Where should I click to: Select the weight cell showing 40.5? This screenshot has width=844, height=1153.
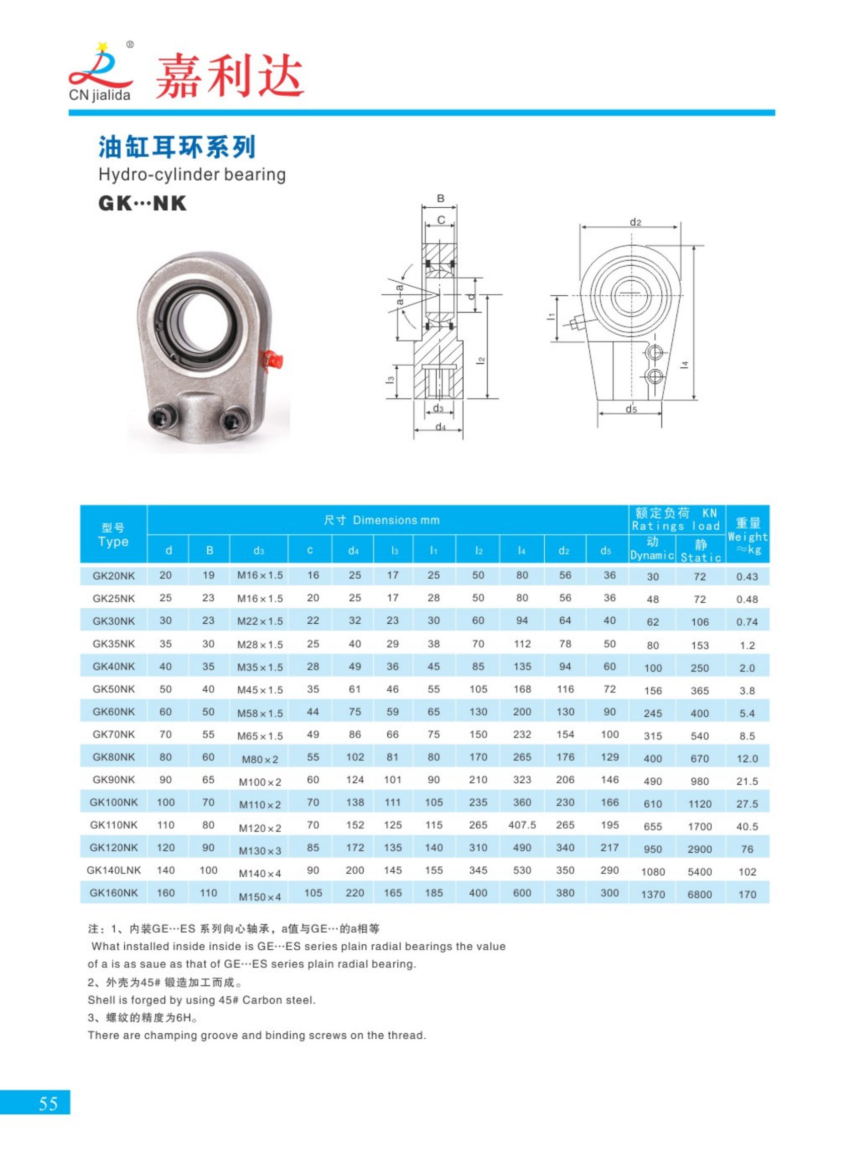pos(747,827)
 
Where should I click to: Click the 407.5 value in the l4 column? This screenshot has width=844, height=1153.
pos(522,825)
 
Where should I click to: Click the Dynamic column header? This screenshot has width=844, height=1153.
pos(652,549)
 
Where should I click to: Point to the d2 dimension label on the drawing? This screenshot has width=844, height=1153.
pos(635,222)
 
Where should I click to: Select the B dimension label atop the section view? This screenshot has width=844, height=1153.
pos(441,199)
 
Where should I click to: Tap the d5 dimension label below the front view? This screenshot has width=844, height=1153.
pos(631,408)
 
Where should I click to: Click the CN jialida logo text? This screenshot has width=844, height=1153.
pos(100,96)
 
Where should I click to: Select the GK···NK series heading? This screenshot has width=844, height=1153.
pos(142,203)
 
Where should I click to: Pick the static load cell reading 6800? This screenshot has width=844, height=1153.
pos(700,894)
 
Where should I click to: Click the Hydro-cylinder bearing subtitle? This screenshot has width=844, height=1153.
pos(192,175)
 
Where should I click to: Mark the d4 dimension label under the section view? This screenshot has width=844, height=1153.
pos(440,427)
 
